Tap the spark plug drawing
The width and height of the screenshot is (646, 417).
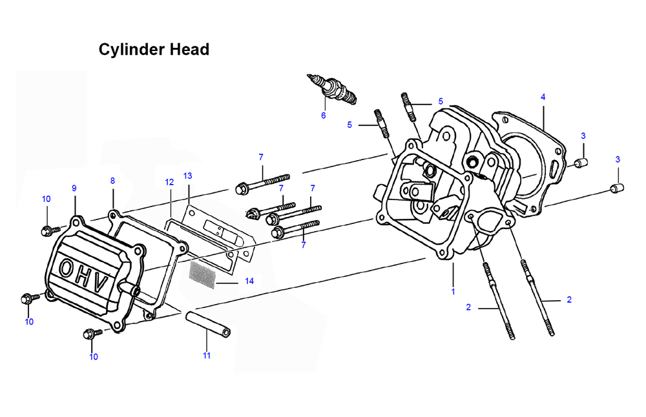coord(332,89)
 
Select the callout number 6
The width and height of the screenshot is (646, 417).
coord(324,116)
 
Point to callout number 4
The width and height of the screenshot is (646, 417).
coord(543,97)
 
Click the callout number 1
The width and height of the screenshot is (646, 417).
coord(453,291)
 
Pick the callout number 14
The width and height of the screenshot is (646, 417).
coord(249,281)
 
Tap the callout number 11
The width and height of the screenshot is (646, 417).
coord(207,355)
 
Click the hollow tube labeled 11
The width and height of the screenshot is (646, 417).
coord(207,324)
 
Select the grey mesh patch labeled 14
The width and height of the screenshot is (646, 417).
coord(202,275)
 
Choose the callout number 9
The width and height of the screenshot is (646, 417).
coord(74,188)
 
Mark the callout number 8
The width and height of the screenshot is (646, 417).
coord(112,181)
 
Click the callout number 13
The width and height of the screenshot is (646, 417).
coord(187,176)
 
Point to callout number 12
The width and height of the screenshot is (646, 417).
coord(169,182)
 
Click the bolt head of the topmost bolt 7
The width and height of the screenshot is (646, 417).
coord(241,189)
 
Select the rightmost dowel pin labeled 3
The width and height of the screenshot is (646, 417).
coord(617,188)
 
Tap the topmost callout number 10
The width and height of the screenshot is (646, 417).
coord(46,199)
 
